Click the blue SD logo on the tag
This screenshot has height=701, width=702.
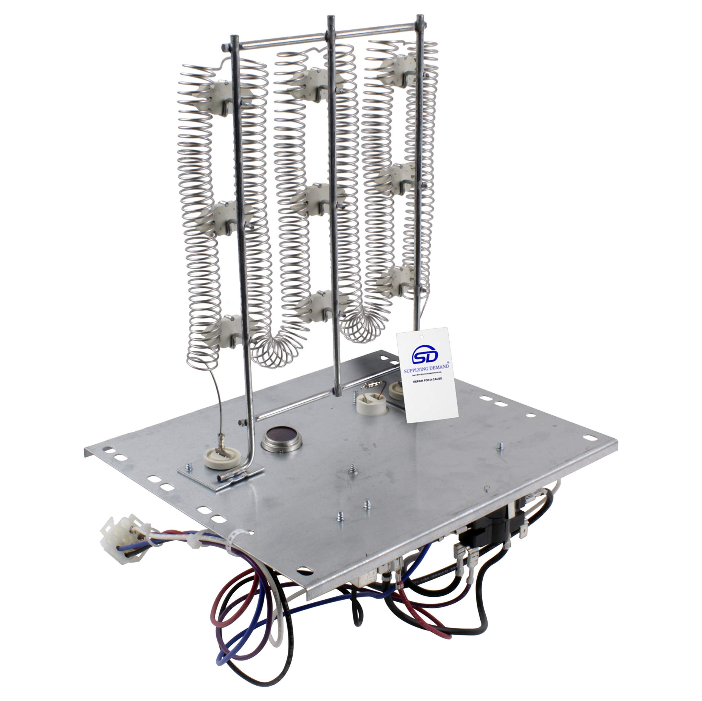425,355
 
